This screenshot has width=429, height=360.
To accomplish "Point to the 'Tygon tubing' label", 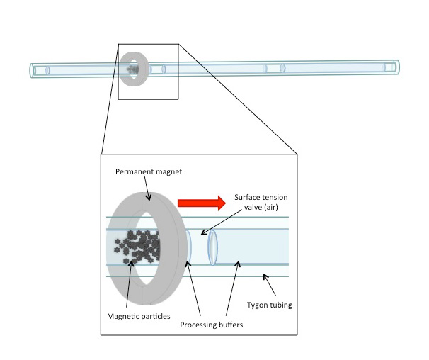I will pos(288,305).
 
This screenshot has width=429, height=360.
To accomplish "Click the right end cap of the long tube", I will pos(392,67).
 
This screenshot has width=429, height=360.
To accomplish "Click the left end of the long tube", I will pos(33,70).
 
